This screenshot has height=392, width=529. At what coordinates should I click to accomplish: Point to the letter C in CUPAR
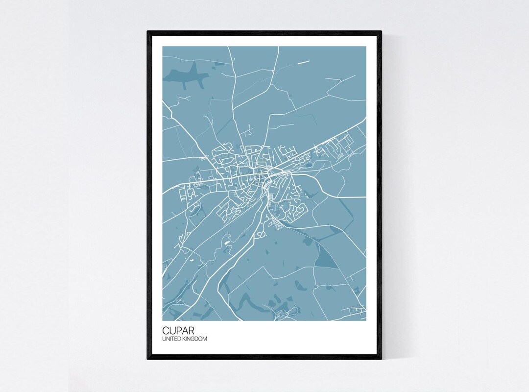click(166, 331)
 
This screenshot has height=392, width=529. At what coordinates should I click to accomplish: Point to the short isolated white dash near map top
click(304, 62)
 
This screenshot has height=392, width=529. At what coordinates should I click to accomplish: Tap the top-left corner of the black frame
click(148, 32)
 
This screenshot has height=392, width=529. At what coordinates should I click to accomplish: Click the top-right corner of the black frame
click(381, 32)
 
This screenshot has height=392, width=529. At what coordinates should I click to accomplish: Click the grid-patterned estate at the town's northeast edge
click(340, 146)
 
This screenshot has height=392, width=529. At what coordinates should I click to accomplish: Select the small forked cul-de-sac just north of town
click(248, 130)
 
